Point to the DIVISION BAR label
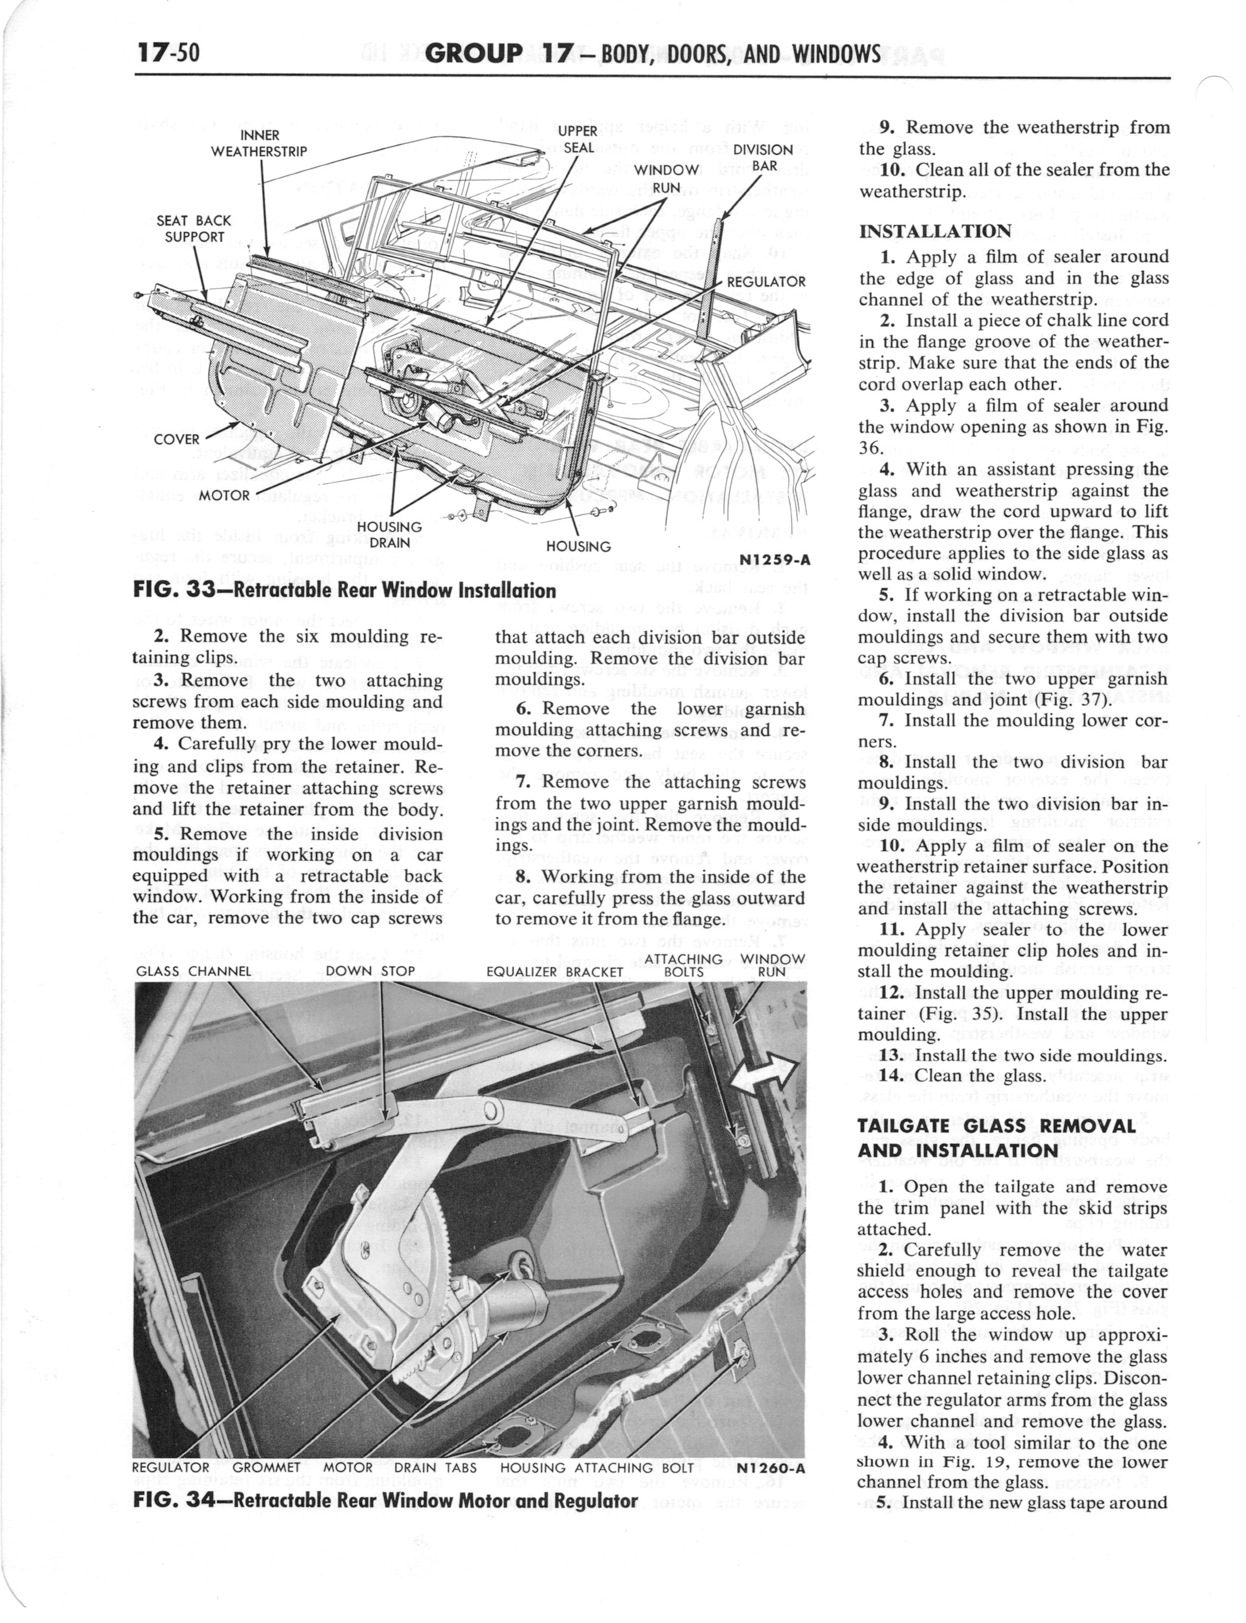[763, 157]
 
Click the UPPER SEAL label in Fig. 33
[578, 139]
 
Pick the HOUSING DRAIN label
[389, 534]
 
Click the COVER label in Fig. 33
[176, 439]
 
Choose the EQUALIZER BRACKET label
[554, 971]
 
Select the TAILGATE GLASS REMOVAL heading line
[996, 1125]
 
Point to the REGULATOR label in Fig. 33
[765, 282]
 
